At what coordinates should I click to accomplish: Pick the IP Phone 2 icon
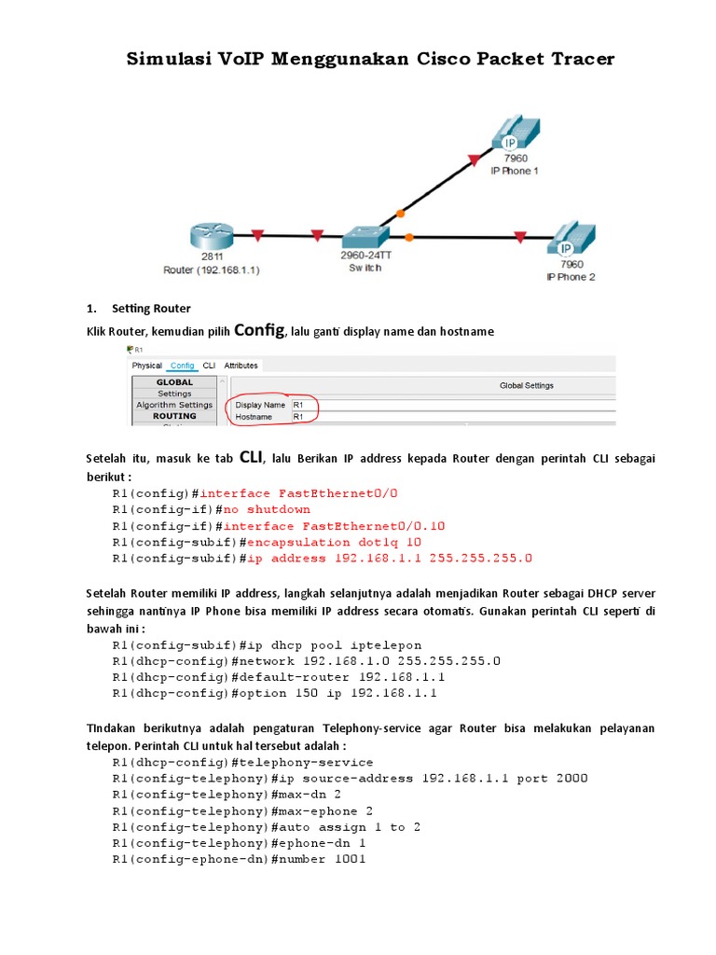tap(568, 241)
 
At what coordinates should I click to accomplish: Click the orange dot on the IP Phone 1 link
tap(400, 213)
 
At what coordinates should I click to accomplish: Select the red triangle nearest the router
tap(258, 235)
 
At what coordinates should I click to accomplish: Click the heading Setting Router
tap(151, 308)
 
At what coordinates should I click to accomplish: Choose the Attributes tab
tap(241, 366)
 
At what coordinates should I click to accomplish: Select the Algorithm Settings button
tap(174, 405)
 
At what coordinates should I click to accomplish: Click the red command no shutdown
tap(266, 509)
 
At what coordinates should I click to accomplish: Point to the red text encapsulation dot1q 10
tap(333, 542)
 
